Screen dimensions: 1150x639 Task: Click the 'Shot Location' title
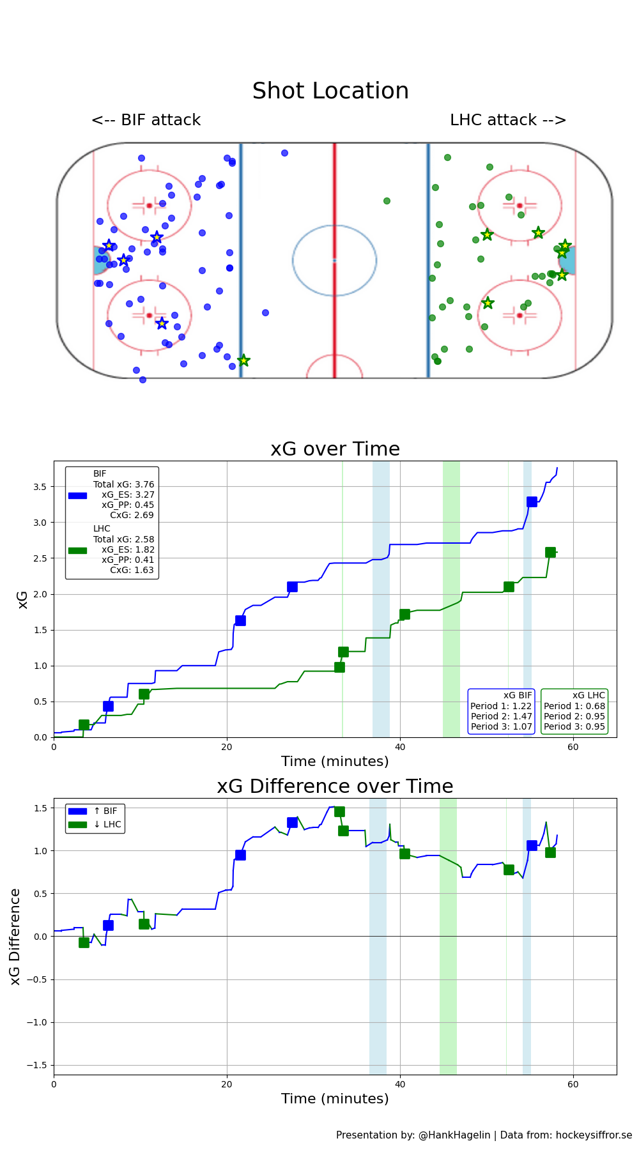pyautogui.click(x=330, y=91)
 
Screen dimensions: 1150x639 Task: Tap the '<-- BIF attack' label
pyautogui.click(x=146, y=120)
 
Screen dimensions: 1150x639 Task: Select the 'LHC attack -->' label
pyautogui.click(x=508, y=120)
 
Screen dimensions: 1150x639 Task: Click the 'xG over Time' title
pyautogui.click(x=335, y=449)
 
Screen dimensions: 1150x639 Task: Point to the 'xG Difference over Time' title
pyautogui.click(x=335, y=786)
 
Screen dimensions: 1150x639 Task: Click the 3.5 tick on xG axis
pyautogui.click(x=40, y=487)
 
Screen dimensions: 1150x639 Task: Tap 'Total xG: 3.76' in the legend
pyautogui.click(x=123, y=484)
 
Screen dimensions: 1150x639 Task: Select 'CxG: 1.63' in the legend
pyautogui.click(x=132, y=570)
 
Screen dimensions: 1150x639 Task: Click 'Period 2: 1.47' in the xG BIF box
pyautogui.click(x=501, y=716)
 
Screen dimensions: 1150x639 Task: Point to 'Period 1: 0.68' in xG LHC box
pyautogui.click(x=574, y=706)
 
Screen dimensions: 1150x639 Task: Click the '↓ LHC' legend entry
pyautogui.click(x=107, y=824)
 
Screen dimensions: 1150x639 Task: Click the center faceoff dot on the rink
pyautogui.click(x=334, y=260)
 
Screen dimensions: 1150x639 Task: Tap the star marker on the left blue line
pyautogui.click(x=243, y=361)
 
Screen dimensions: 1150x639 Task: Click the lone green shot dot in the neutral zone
pyautogui.click(x=387, y=201)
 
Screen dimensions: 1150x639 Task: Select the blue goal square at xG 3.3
pyautogui.click(x=532, y=502)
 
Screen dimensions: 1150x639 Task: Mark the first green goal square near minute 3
pyautogui.click(x=84, y=724)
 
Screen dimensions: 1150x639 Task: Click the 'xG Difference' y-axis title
pyautogui.click(x=15, y=936)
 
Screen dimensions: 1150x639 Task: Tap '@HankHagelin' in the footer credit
pyautogui.click(x=454, y=1135)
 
